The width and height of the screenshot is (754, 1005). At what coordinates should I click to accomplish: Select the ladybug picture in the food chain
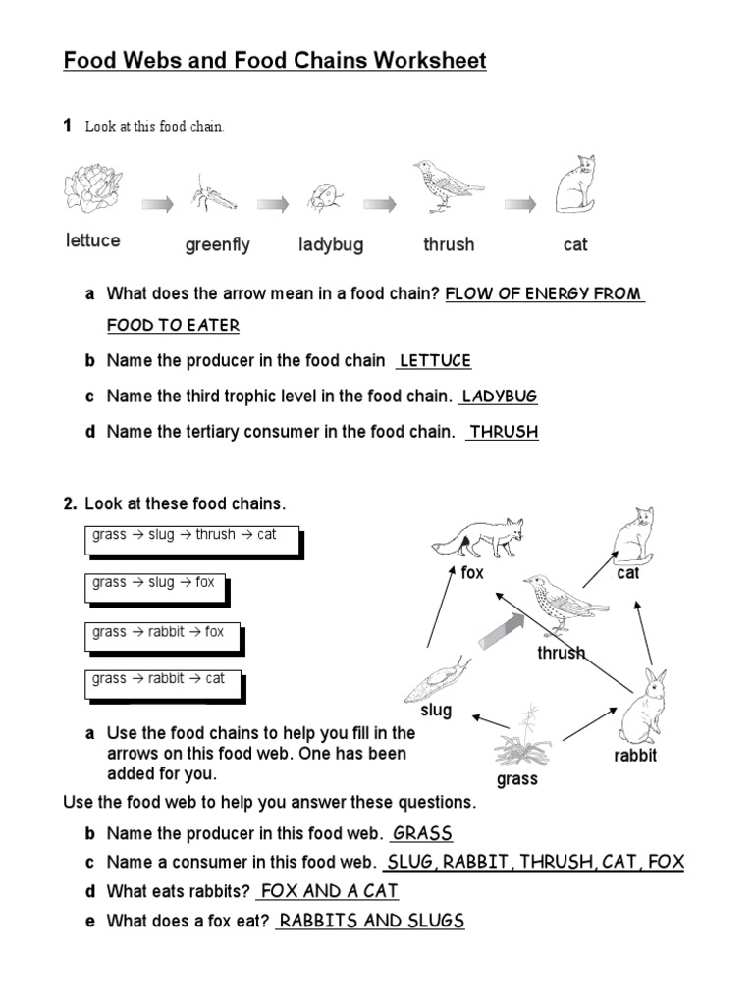324,196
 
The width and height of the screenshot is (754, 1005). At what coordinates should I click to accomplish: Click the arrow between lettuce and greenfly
157,204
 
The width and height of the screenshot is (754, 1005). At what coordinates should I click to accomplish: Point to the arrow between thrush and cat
520,204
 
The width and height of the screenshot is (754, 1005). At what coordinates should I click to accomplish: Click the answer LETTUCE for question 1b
435,361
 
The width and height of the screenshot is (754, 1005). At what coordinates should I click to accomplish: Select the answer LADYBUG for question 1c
500,397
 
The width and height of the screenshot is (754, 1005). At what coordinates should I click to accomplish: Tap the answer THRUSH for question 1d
504,432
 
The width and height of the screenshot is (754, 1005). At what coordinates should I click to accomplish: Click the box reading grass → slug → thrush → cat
191,536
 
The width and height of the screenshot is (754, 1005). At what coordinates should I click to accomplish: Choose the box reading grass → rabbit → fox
162,633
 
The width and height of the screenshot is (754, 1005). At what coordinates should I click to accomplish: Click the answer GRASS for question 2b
422,834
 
